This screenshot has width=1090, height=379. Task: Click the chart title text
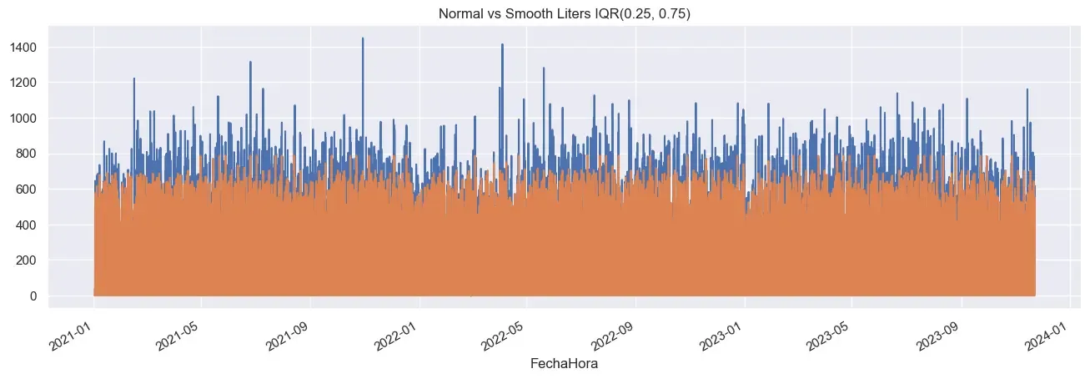(545, 13)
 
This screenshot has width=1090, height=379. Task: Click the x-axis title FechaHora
(564, 365)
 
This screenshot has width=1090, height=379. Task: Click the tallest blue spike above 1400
(363, 39)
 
